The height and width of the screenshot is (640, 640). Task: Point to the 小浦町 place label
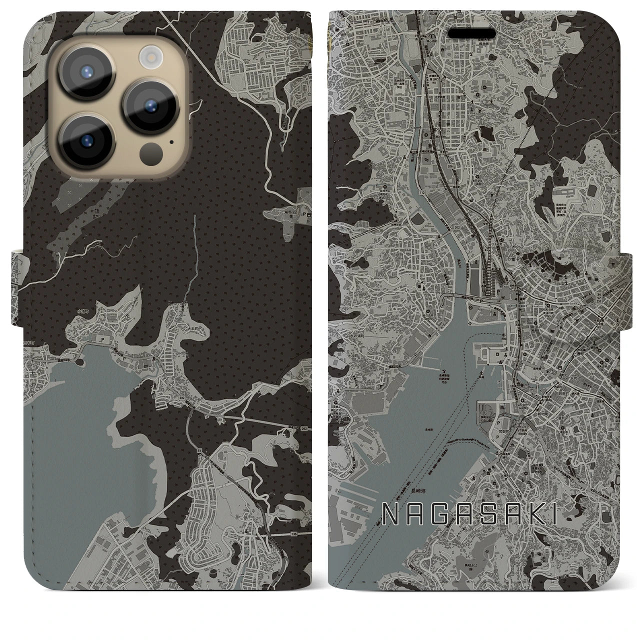(83, 311)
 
